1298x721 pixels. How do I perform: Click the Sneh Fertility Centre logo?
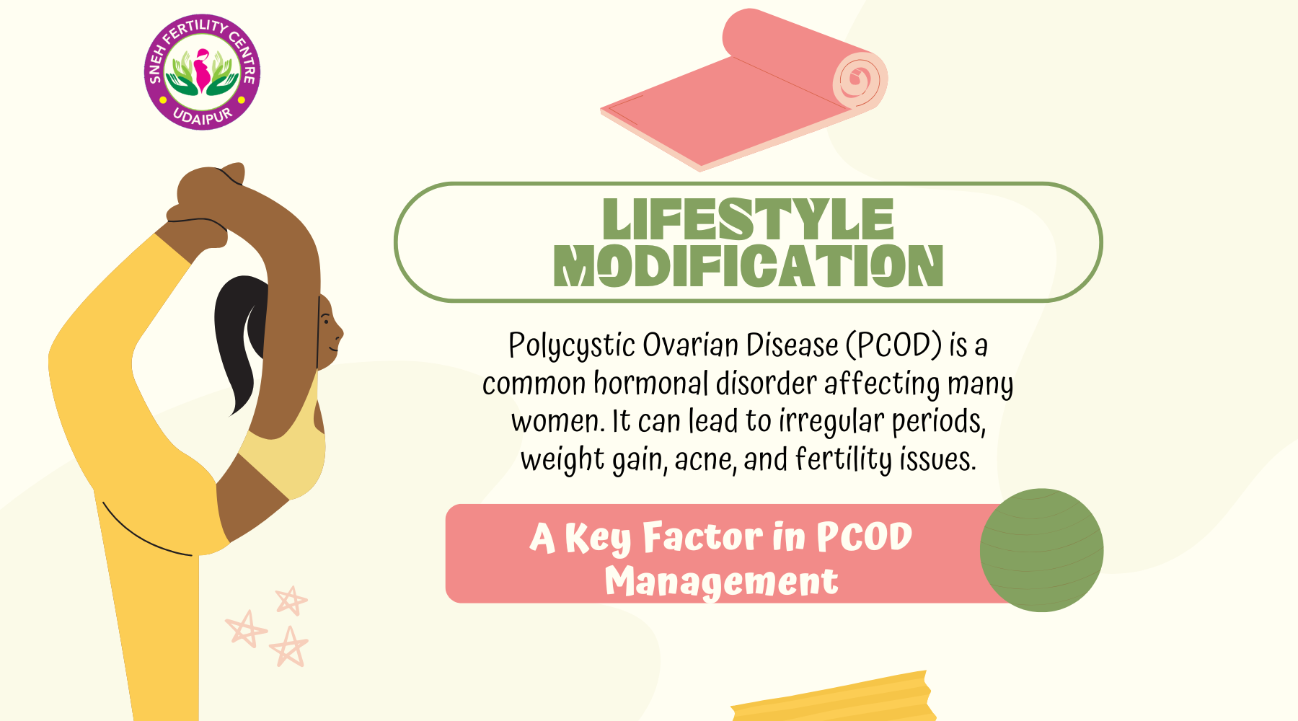[x=202, y=72]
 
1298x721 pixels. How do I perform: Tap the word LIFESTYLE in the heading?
[x=748, y=219]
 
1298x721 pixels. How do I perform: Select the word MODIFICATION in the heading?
[x=748, y=265]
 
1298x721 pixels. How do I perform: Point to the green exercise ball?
[x=1041, y=550]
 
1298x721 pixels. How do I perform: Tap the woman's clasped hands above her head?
[x=206, y=198]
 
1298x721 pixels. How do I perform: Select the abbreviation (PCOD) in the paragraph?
[x=893, y=345]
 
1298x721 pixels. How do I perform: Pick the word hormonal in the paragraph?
[x=651, y=383]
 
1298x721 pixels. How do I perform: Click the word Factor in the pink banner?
[x=702, y=537]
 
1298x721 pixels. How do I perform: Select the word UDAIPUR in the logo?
[x=203, y=115]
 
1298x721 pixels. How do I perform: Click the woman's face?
[x=329, y=332]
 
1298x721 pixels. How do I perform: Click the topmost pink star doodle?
[x=291, y=600]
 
